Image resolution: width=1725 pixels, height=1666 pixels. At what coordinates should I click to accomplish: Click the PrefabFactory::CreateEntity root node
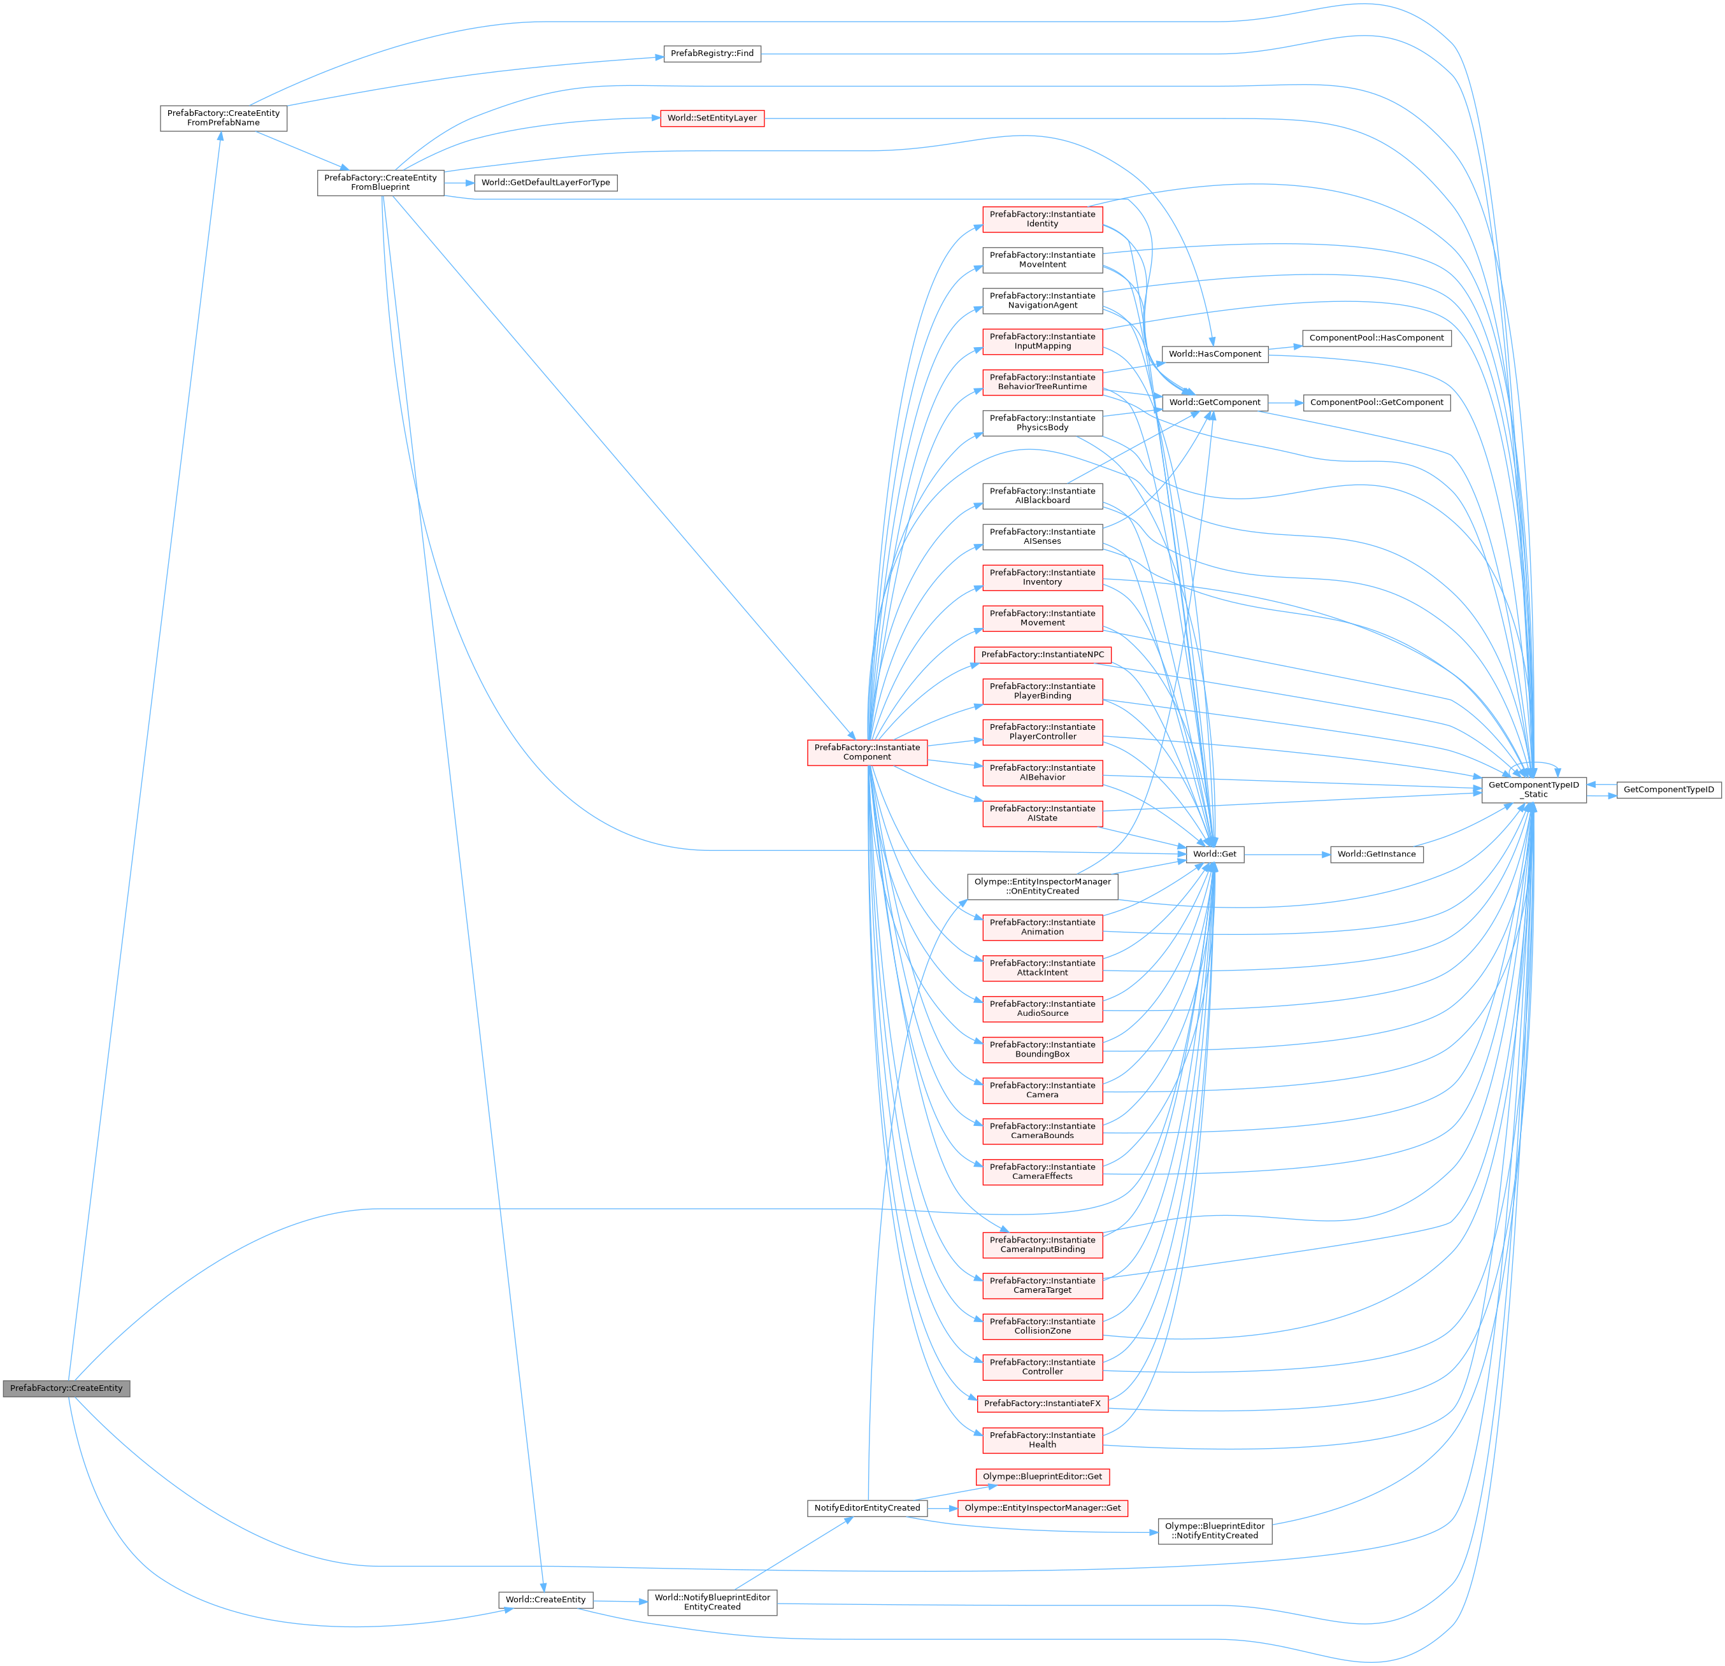pyautogui.click(x=66, y=1388)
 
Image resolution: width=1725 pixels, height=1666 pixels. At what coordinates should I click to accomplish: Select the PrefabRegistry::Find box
pyautogui.click(x=712, y=53)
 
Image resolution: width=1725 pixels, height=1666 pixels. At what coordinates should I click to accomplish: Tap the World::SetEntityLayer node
pyautogui.click(x=712, y=118)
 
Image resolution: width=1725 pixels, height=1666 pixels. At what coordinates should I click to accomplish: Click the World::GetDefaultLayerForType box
pyautogui.click(x=546, y=182)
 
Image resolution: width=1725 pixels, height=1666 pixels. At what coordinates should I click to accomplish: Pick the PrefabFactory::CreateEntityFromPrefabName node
pyautogui.click(x=224, y=118)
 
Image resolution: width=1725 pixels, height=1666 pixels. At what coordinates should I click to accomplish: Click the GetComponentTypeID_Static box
pyautogui.click(x=1533, y=790)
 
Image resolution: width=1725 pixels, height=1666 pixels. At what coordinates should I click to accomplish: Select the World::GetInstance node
pyautogui.click(x=1377, y=853)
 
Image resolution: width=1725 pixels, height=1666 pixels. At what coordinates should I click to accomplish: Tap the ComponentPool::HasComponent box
pyautogui.click(x=1377, y=338)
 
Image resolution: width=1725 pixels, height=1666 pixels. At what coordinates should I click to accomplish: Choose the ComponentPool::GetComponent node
pyautogui.click(x=1377, y=402)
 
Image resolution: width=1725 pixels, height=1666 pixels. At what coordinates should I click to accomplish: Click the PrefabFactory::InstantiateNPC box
pyautogui.click(x=1042, y=655)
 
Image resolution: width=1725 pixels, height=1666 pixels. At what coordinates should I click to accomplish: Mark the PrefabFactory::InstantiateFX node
pyautogui.click(x=1042, y=1403)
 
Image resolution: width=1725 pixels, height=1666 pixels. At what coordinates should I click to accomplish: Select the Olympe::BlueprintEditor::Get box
pyautogui.click(x=1042, y=1476)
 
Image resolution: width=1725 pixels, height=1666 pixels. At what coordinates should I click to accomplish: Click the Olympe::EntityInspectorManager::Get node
pyautogui.click(x=1042, y=1507)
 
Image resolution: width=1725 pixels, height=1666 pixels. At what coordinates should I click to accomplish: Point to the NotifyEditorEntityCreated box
pyautogui.click(x=867, y=1507)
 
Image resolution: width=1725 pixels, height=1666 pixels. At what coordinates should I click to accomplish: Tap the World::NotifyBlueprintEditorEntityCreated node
pyautogui.click(x=712, y=1602)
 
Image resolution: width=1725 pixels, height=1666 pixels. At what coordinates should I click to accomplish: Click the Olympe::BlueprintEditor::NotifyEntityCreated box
pyautogui.click(x=1215, y=1530)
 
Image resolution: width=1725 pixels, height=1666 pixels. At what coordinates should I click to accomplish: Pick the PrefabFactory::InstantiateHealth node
pyautogui.click(x=1042, y=1440)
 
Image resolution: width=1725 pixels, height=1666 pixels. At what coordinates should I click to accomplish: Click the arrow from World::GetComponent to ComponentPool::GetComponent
pyautogui.click(x=1285, y=402)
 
